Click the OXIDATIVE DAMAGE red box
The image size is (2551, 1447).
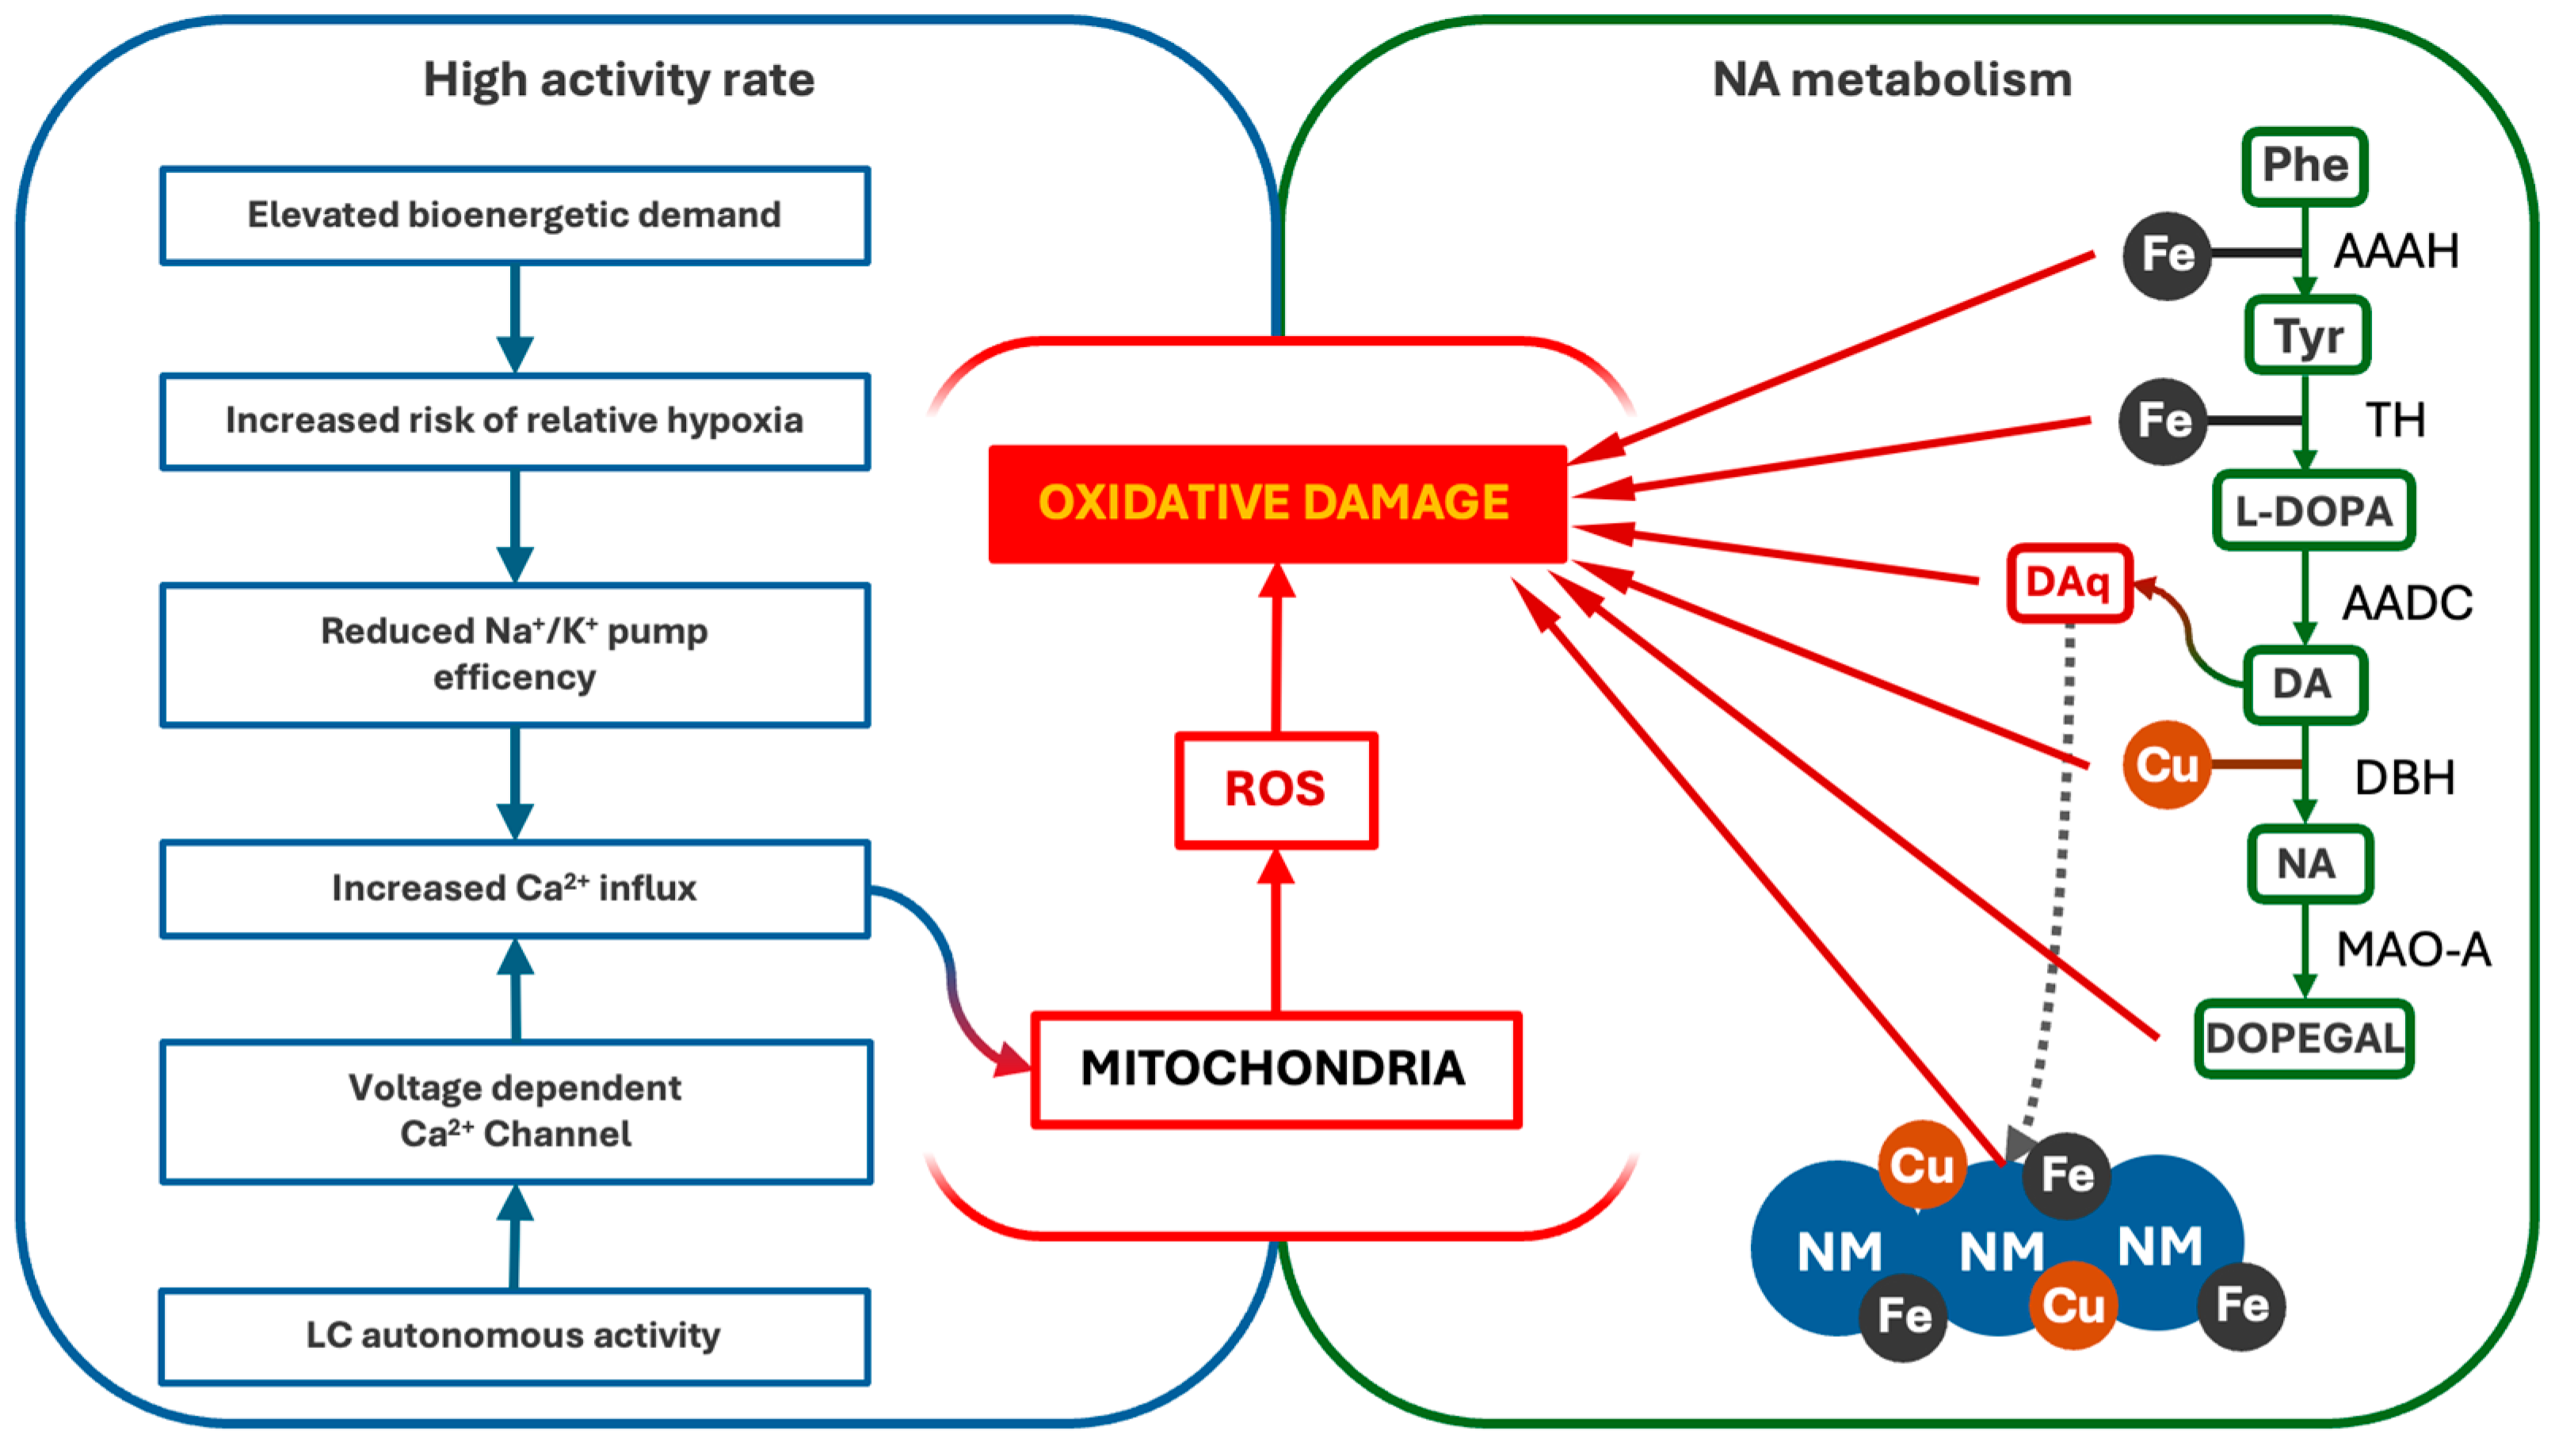pyautogui.click(x=1276, y=503)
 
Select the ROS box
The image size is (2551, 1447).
pyautogui.click(x=1275, y=790)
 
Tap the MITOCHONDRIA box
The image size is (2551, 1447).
pyautogui.click(x=1275, y=1069)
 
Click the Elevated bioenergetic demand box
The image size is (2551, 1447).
pyautogui.click(x=515, y=216)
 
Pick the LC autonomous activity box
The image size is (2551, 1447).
pyautogui.click(x=515, y=1336)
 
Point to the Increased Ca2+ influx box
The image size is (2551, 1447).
pyautogui.click(x=515, y=888)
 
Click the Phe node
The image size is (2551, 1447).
pyautogui.click(x=2305, y=166)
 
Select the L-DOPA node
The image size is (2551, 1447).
pyautogui.click(x=2313, y=511)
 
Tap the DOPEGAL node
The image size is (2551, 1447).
pyautogui.click(x=2304, y=1039)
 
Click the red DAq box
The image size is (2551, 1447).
pyautogui.click(x=2069, y=582)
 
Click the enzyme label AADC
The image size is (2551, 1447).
pyautogui.click(x=2407, y=603)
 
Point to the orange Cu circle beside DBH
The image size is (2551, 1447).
pyautogui.click(x=2167, y=764)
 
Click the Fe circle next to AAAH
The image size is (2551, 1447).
pyautogui.click(x=2167, y=255)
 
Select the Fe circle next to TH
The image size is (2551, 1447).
pyautogui.click(x=2164, y=422)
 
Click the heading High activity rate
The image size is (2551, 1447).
pyautogui.click(x=619, y=79)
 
